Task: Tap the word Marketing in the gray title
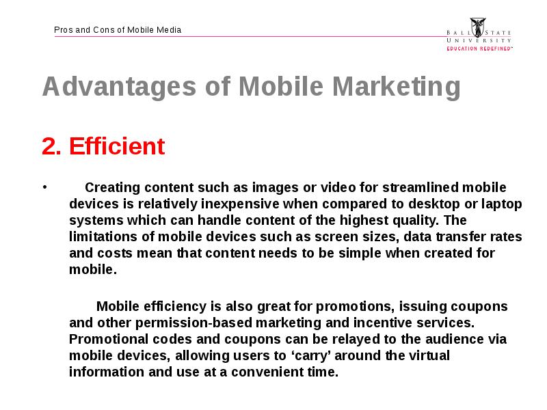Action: tap(397, 87)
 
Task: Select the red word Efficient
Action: tap(117, 146)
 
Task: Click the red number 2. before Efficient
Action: tap(52, 146)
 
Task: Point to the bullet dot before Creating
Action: tap(44, 187)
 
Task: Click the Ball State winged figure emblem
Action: tap(477, 27)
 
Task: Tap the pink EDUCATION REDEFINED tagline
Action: tap(480, 49)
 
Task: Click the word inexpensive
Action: tap(240, 204)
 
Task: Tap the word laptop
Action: tap(502, 204)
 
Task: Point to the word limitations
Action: tap(103, 236)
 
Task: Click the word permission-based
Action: tap(194, 323)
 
